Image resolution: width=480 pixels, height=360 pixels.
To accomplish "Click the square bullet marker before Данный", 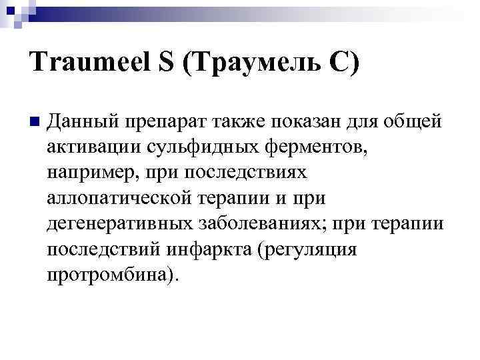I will [x=35, y=123].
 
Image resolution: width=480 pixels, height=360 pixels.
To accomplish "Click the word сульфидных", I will [x=201, y=147].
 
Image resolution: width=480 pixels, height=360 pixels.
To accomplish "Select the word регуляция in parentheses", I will [x=312, y=249].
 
